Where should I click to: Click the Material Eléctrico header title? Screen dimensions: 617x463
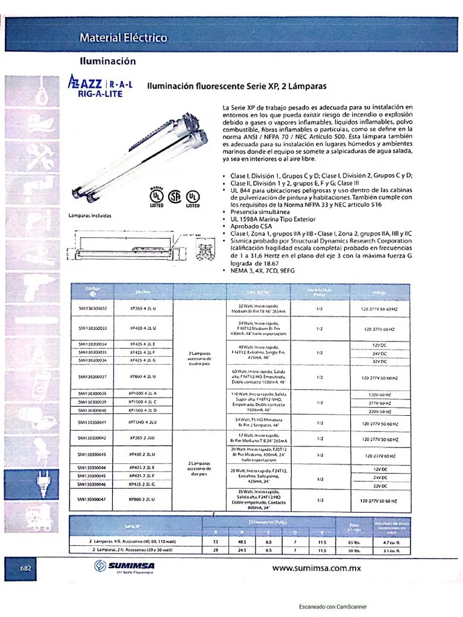point(124,38)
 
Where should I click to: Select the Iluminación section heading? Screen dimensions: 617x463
point(108,61)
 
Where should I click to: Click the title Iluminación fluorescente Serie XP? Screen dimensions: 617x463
point(237,86)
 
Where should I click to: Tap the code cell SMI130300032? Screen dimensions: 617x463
point(92,308)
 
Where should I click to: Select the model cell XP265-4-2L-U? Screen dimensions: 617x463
point(143,308)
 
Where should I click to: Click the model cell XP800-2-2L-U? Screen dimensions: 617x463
point(143,500)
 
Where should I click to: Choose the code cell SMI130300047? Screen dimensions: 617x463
point(92,500)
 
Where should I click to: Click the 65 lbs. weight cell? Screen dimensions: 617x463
point(354,542)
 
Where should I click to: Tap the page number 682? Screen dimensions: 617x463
point(26,568)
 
